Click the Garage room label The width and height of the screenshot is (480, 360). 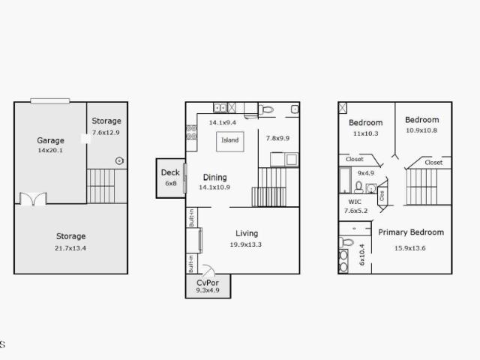(50, 140)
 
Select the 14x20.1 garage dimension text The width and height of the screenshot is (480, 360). (50, 150)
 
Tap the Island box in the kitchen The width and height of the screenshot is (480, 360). (230, 142)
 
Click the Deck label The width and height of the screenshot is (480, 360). (170, 172)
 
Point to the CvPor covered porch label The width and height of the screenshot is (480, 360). (208, 283)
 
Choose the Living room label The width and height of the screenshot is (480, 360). (247, 233)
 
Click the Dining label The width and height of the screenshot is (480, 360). (215, 178)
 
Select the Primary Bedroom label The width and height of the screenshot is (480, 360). (411, 232)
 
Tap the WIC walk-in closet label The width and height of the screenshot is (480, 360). (355, 202)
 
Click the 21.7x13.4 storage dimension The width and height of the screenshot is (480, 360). (70, 248)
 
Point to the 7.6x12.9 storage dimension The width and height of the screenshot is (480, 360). (106, 133)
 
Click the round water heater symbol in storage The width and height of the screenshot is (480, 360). (119, 160)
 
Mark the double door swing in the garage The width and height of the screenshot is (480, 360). (33, 199)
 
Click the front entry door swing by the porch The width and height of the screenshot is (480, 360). (208, 269)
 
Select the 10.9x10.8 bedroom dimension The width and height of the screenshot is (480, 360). (421, 130)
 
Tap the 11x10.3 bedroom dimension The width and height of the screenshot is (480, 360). (365, 133)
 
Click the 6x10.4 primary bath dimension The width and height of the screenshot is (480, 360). (362, 255)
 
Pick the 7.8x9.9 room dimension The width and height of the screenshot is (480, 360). (277, 138)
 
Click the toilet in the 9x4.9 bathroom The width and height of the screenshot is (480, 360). (358, 187)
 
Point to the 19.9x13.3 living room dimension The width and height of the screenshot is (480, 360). (246, 244)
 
